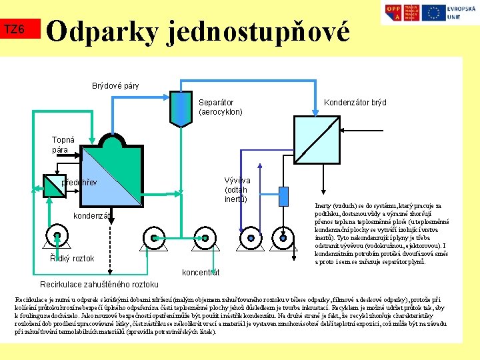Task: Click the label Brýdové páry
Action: point(115,86)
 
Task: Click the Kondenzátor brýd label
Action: point(355,103)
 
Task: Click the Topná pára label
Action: point(63,145)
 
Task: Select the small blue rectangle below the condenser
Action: point(283,197)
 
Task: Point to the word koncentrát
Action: point(201,272)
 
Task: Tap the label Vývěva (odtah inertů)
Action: point(237,189)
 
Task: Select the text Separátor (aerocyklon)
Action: point(221,107)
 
